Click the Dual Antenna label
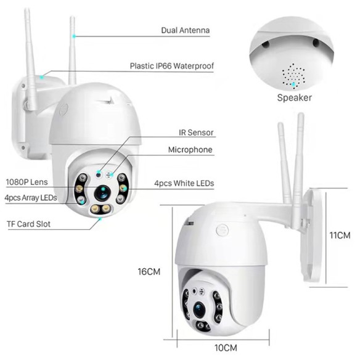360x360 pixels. click(x=185, y=30)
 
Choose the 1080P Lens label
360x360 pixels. click(x=27, y=182)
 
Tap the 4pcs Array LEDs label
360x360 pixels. click(x=30, y=198)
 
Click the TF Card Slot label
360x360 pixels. click(x=28, y=224)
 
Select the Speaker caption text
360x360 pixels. click(x=294, y=97)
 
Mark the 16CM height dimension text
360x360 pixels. click(x=150, y=271)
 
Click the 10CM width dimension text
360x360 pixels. click(x=225, y=348)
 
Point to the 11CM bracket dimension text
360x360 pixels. click(x=340, y=235)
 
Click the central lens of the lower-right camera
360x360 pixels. click(x=199, y=309)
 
